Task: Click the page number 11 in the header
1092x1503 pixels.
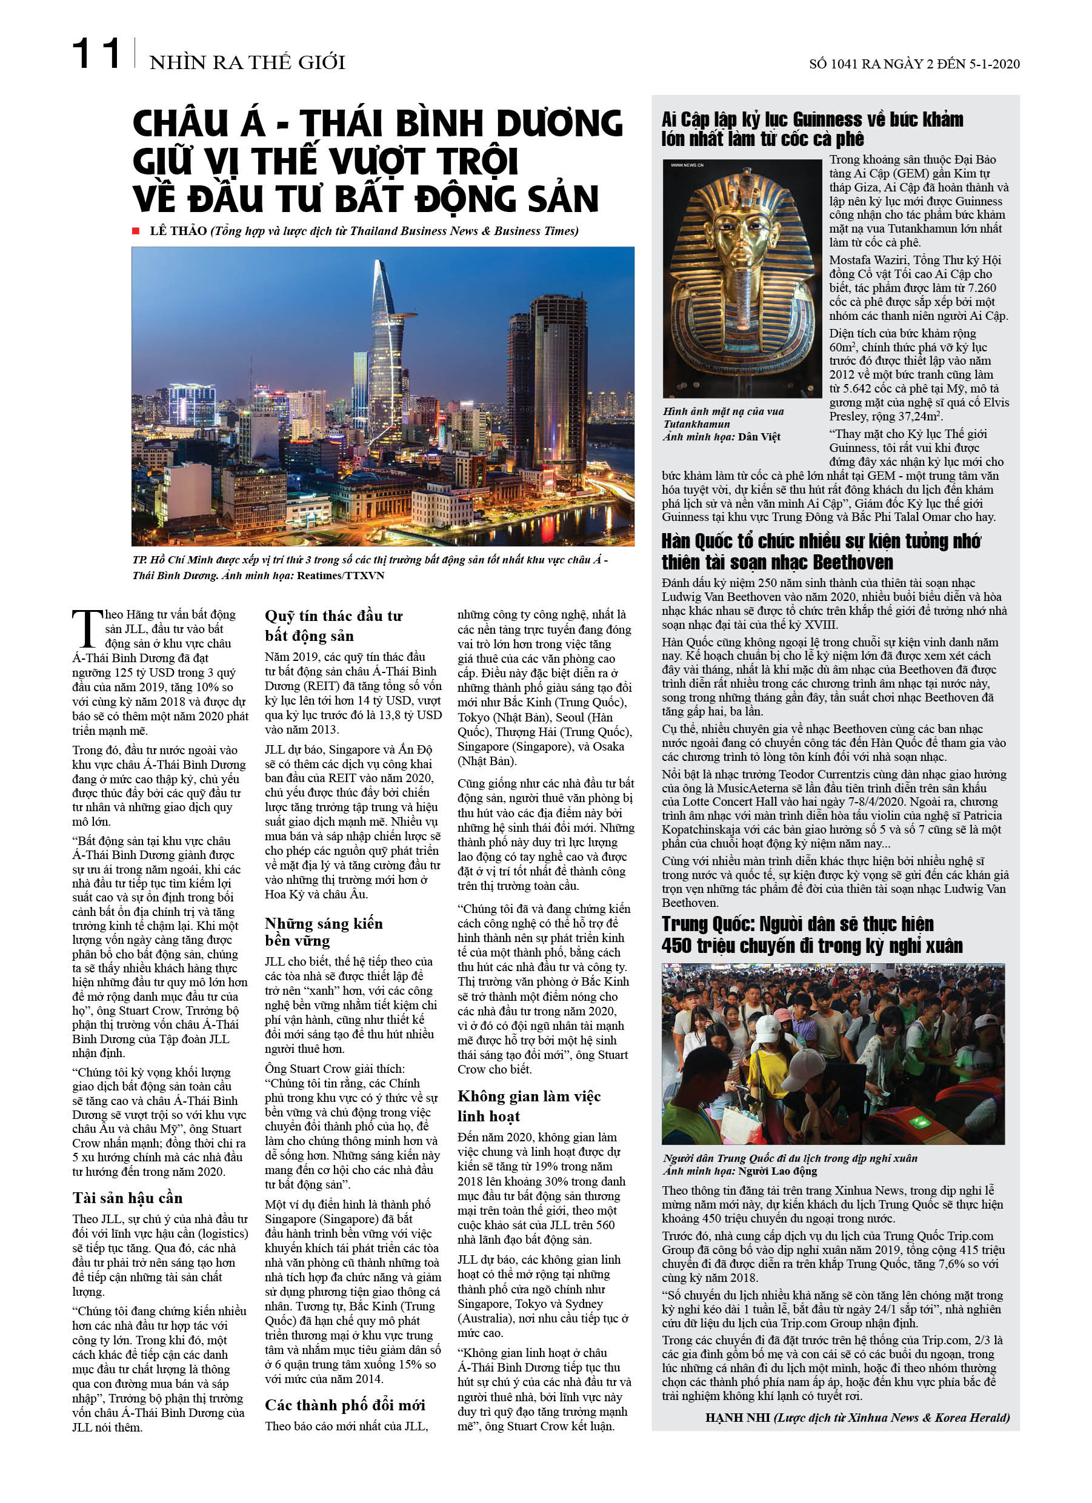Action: [x=96, y=55]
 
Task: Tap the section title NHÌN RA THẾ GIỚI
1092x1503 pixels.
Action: [x=247, y=62]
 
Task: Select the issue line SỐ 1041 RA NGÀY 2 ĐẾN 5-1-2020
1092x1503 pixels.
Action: [x=914, y=64]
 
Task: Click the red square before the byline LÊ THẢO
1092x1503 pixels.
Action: [x=136, y=231]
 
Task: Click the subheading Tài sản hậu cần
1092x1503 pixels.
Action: [x=127, y=1198]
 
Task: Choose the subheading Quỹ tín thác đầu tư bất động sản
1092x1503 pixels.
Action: [x=333, y=626]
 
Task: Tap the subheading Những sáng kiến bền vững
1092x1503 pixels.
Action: [x=324, y=932]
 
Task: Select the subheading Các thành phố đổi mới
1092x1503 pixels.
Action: [x=345, y=1405]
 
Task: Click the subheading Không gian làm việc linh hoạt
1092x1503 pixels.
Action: [x=528, y=1106]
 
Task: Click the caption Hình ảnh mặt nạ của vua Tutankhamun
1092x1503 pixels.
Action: [x=724, y=417]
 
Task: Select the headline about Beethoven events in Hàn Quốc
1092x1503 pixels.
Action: [x=821, y=551]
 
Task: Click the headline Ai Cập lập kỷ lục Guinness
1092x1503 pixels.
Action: [x=811, y=128]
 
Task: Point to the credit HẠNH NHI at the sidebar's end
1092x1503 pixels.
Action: [x=737, y=1418]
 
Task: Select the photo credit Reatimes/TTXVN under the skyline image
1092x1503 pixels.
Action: [x=340, y=576]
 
